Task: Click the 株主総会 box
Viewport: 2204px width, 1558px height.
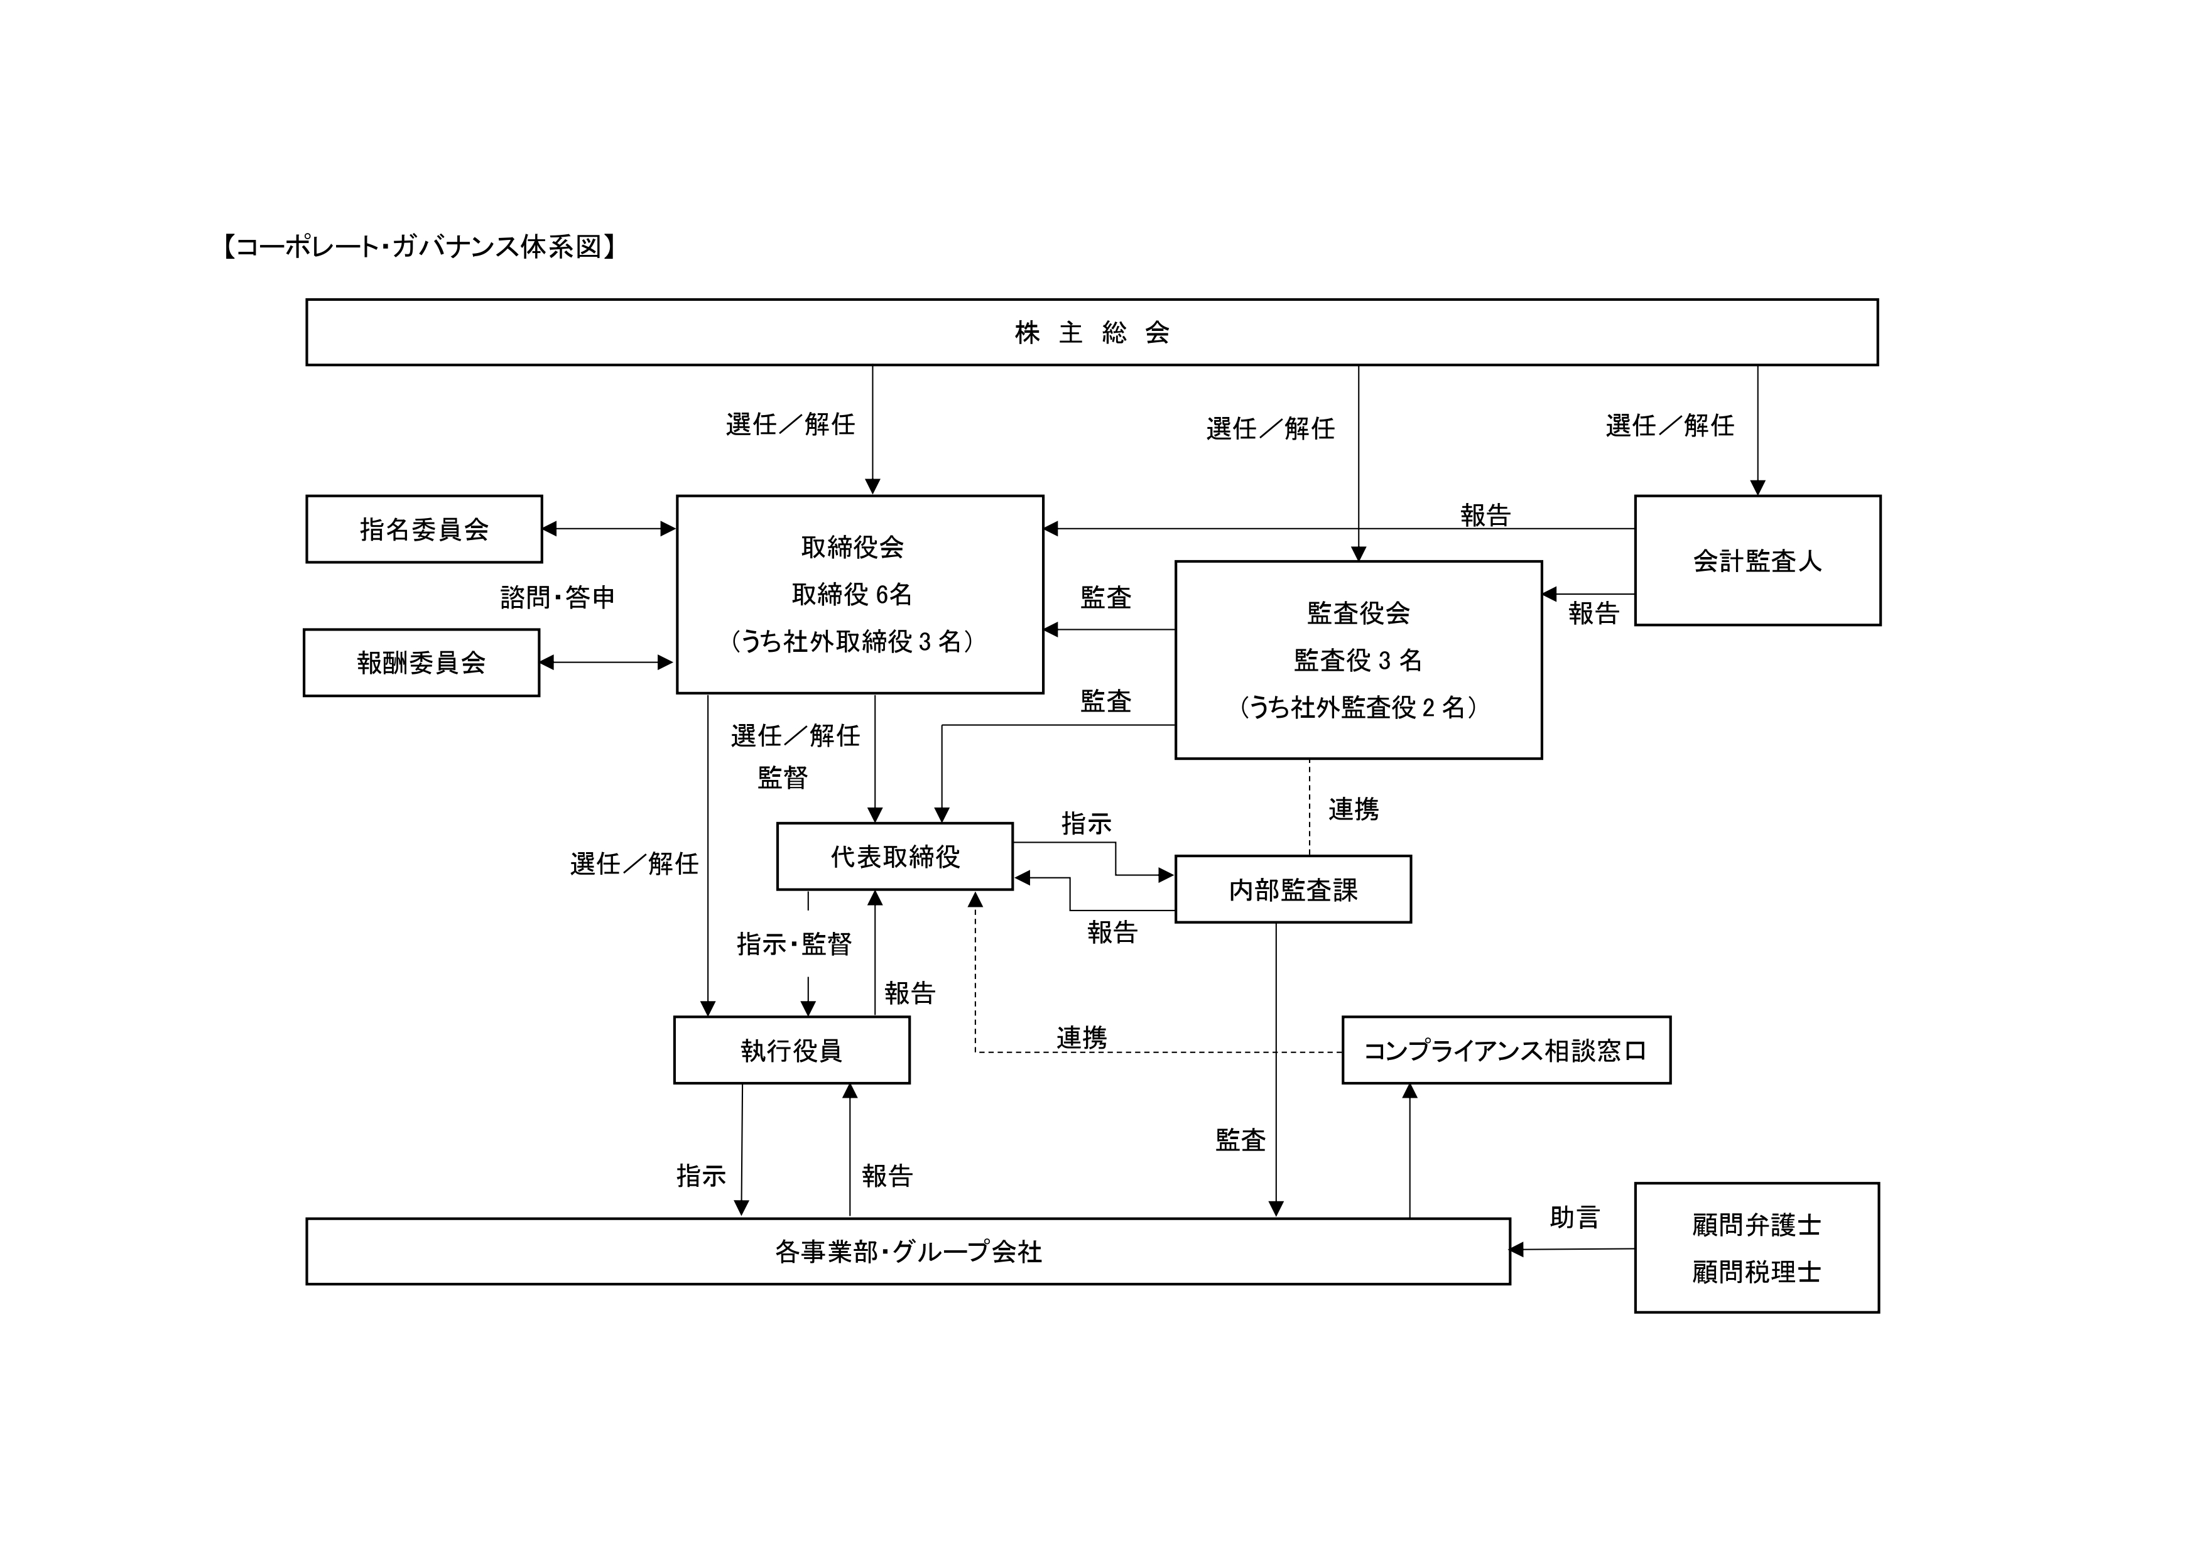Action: coord(1092,332)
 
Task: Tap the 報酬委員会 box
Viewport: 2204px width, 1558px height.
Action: coord(421,663)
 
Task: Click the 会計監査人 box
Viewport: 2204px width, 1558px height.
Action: coord(1757,561)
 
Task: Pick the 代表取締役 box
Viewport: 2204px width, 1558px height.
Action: coord(894,857)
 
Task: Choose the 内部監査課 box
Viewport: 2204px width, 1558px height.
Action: coord(1293,890)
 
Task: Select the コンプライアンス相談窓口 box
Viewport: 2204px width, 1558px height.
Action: coord(1505,1050)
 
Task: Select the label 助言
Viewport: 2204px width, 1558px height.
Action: coord(1574,1217)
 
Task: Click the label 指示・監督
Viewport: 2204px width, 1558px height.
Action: coord(794,944)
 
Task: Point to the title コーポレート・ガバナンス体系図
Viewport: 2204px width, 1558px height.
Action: coord(420,247)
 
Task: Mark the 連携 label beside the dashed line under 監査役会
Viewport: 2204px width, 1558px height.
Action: coord(1354,809)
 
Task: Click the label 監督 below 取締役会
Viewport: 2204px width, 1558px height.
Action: coord(783,777)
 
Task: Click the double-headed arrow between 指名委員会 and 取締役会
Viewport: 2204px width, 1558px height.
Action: coord(609,529)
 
